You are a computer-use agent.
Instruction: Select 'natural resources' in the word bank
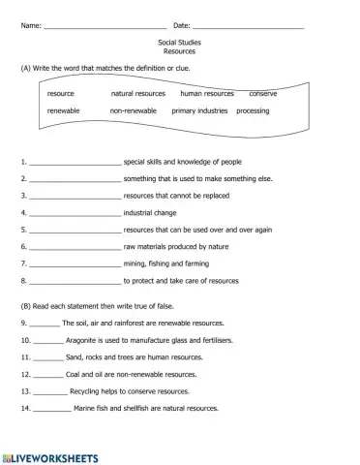(x=138, y=94)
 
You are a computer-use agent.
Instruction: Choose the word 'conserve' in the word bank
(x=263, y=94)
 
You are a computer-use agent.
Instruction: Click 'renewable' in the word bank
(x=64, y=111)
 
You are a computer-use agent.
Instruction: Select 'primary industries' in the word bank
(x=199, y=111)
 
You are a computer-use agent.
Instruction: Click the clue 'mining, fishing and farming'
(x=165, y=263)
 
